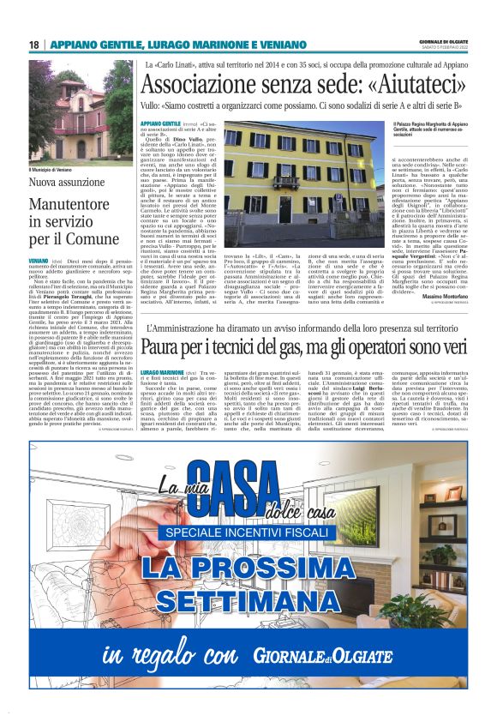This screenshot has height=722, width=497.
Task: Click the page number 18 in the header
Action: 34,45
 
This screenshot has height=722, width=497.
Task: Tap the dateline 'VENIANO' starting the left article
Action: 38,259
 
